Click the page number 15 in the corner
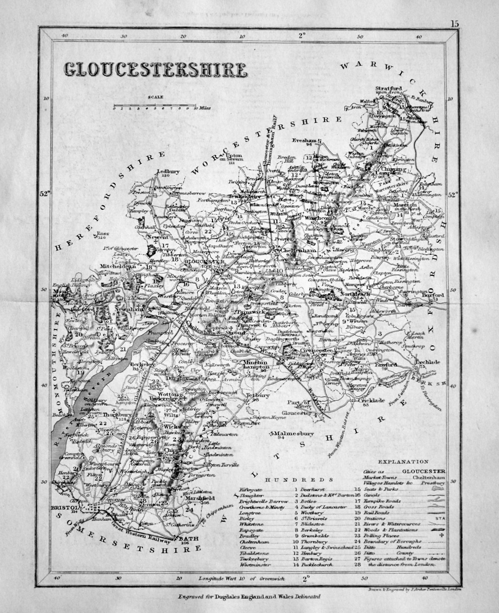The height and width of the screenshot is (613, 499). [x=454, y=24]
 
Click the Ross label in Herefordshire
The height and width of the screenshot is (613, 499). [x=102, y=234]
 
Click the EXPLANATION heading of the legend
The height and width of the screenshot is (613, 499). [x=403, y=461]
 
